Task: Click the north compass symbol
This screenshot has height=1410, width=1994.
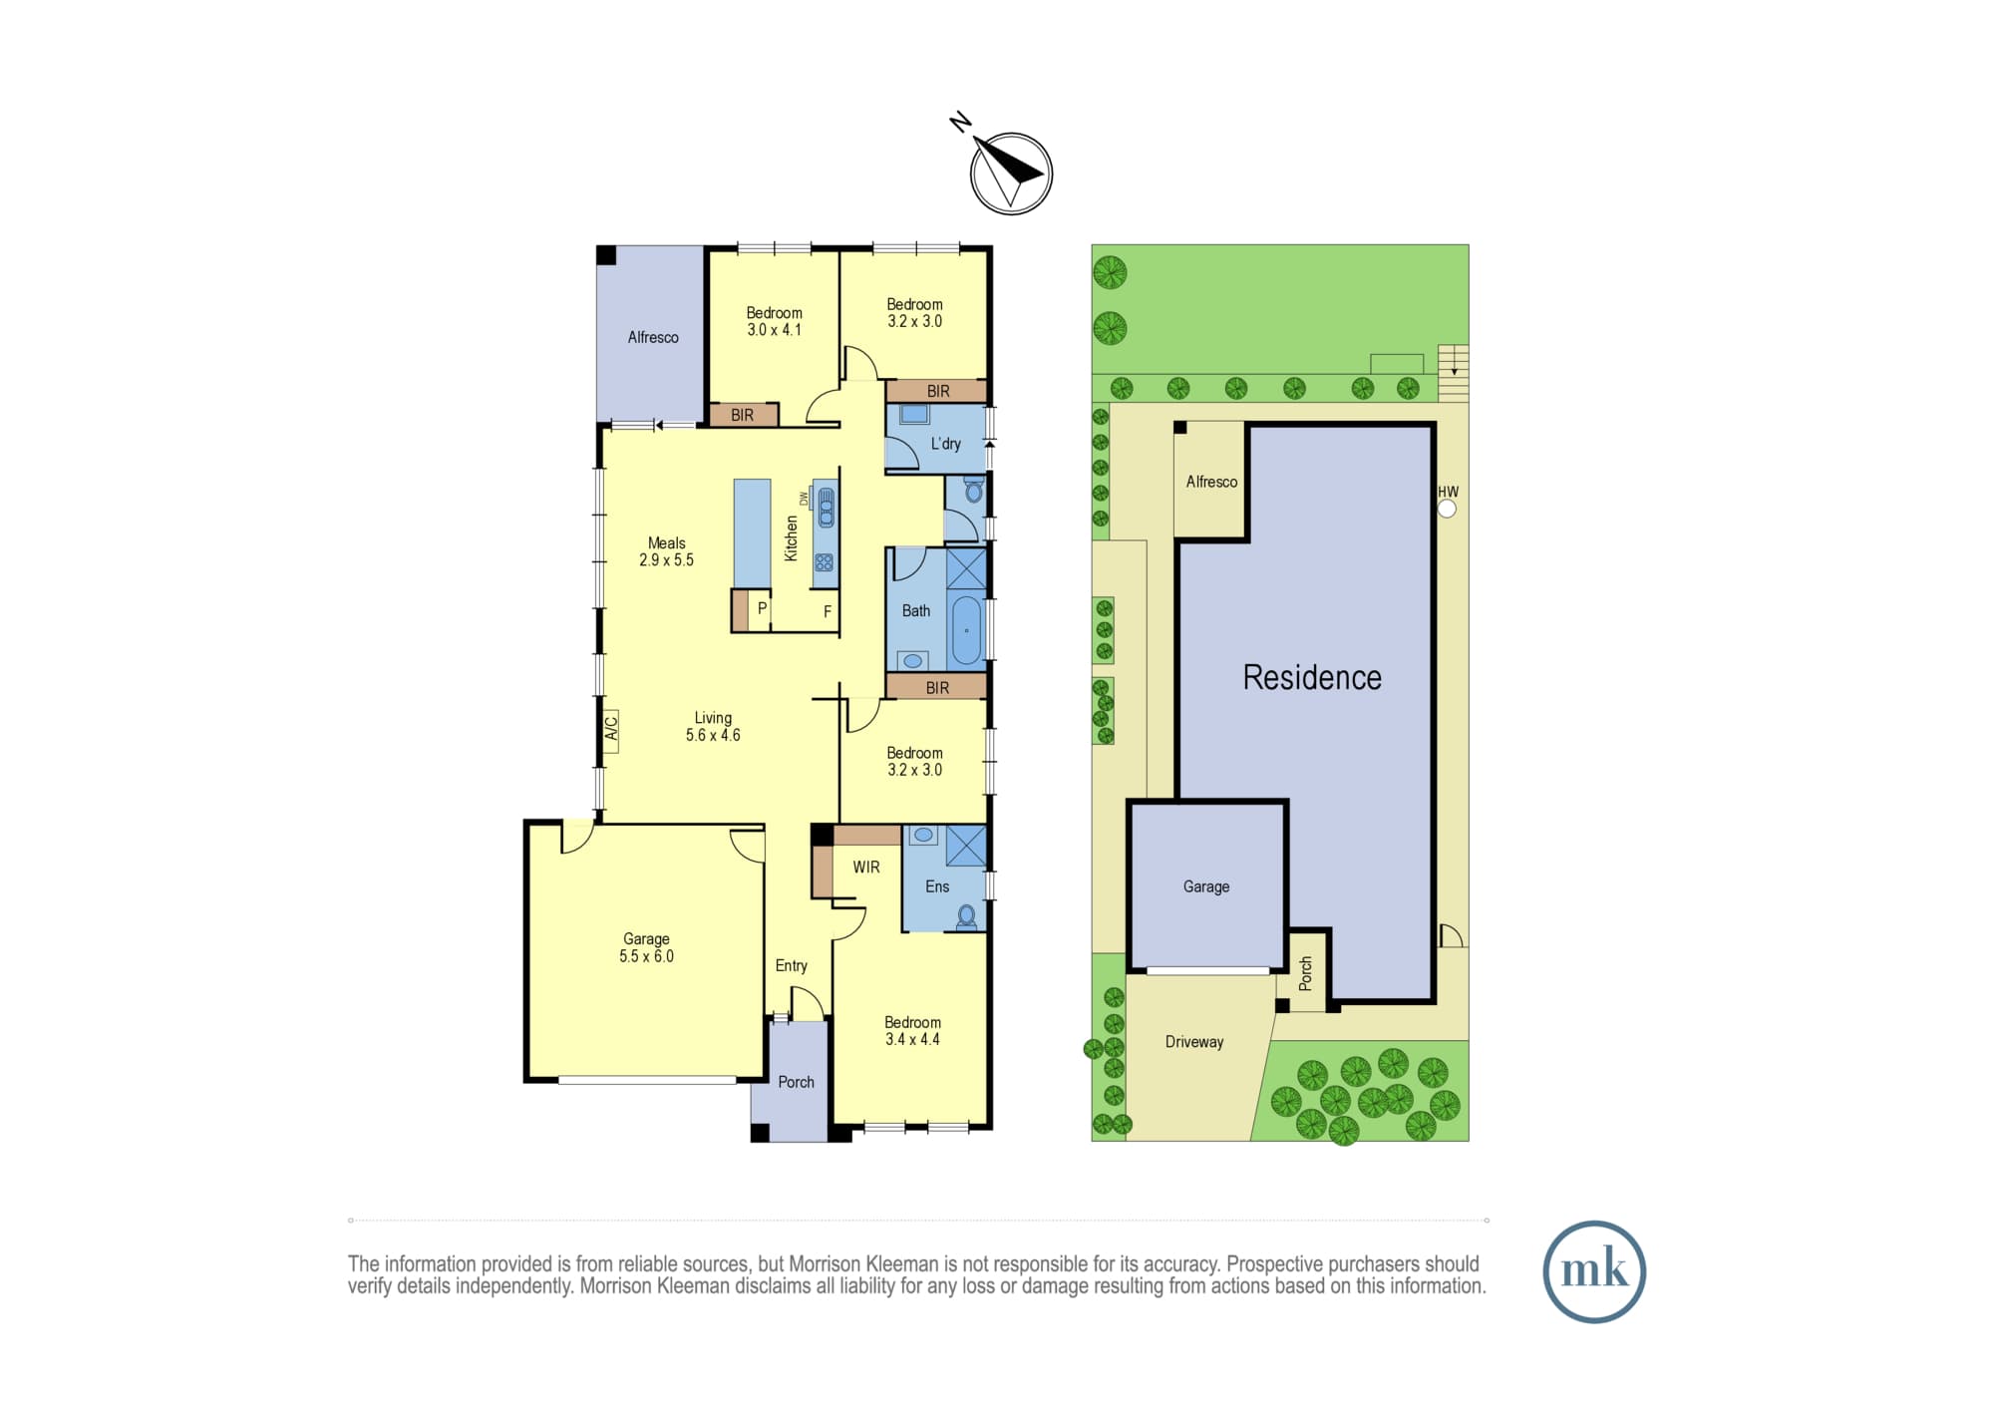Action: pos(1011,174)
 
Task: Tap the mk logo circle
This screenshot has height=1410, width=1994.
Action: pos(1594,1271)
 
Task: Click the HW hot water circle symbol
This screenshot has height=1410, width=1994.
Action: pos(1448,509)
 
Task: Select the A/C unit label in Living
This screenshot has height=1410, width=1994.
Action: pos(611,730)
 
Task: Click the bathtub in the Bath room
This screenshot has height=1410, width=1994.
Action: pos(966,630)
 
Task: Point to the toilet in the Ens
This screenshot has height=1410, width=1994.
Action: pos(966,917)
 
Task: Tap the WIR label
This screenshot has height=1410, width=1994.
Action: pos(866,868)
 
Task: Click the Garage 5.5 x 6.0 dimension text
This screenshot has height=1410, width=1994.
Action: pos(646,956)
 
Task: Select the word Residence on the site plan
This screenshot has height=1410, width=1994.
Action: pos(1312,678)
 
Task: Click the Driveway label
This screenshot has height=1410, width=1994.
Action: pos(1194,1042)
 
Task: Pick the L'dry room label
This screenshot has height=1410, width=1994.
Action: pos(946,444)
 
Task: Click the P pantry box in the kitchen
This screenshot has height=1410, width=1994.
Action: pos(761,609)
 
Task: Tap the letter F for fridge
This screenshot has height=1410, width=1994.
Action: pos(828,611)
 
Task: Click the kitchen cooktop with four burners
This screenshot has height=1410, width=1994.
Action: pos(824,562)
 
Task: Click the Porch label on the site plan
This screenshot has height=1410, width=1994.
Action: pos(1306,973)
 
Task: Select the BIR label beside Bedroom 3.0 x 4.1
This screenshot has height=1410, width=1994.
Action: pos(742,415)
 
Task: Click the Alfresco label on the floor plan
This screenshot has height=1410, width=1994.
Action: pos(653,337)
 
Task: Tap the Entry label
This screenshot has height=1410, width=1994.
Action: pos(792,965)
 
